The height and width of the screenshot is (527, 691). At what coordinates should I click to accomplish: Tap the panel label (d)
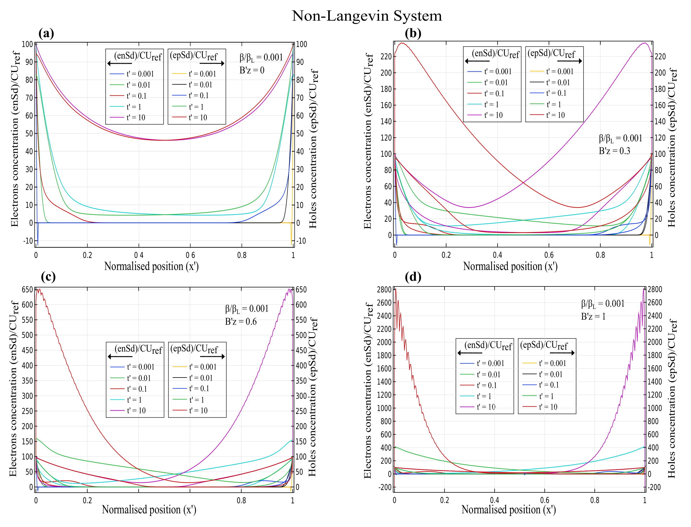tap(413, 277)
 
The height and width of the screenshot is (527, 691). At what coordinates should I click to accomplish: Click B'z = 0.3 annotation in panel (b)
tap(614, 151)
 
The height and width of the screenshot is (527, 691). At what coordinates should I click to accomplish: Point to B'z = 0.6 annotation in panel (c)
tap(241, 322)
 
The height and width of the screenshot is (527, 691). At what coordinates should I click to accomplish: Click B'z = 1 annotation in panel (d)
tap(593, 316)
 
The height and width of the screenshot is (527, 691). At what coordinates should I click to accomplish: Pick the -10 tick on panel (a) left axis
tap(28, 241)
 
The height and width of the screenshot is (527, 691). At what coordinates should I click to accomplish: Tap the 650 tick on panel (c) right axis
tap(301, 289)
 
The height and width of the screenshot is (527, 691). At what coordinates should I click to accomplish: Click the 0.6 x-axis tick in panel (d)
tap(544, 500)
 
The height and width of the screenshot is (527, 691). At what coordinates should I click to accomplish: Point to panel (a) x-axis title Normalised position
tap(151, 266)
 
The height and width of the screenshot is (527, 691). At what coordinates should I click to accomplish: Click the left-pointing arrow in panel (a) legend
tap(119, 63)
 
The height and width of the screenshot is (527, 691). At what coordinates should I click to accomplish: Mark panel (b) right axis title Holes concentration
tap(671, 147)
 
